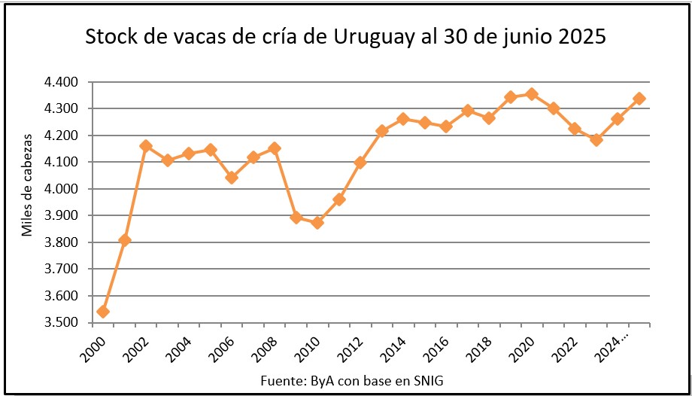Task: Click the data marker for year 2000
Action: (103, 312)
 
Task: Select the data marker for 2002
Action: (146, 146)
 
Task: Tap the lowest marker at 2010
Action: (317, 223)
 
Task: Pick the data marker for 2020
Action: (532, 94)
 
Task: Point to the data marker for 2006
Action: (232, 178)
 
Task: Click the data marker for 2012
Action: (360, 163)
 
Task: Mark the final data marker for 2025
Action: (639, 99)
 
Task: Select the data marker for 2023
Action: (596, 139)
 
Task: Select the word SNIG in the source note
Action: (427, 381)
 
